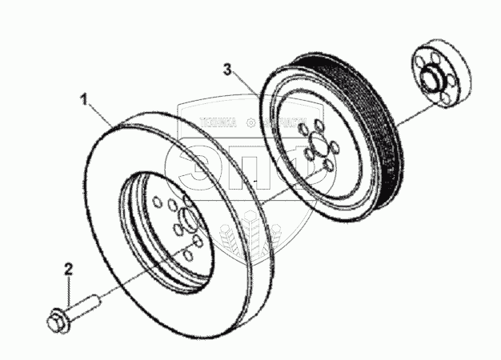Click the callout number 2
(69, 270)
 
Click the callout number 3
(229, 70)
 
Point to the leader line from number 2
(71, 289)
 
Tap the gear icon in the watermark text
(250, 122)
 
